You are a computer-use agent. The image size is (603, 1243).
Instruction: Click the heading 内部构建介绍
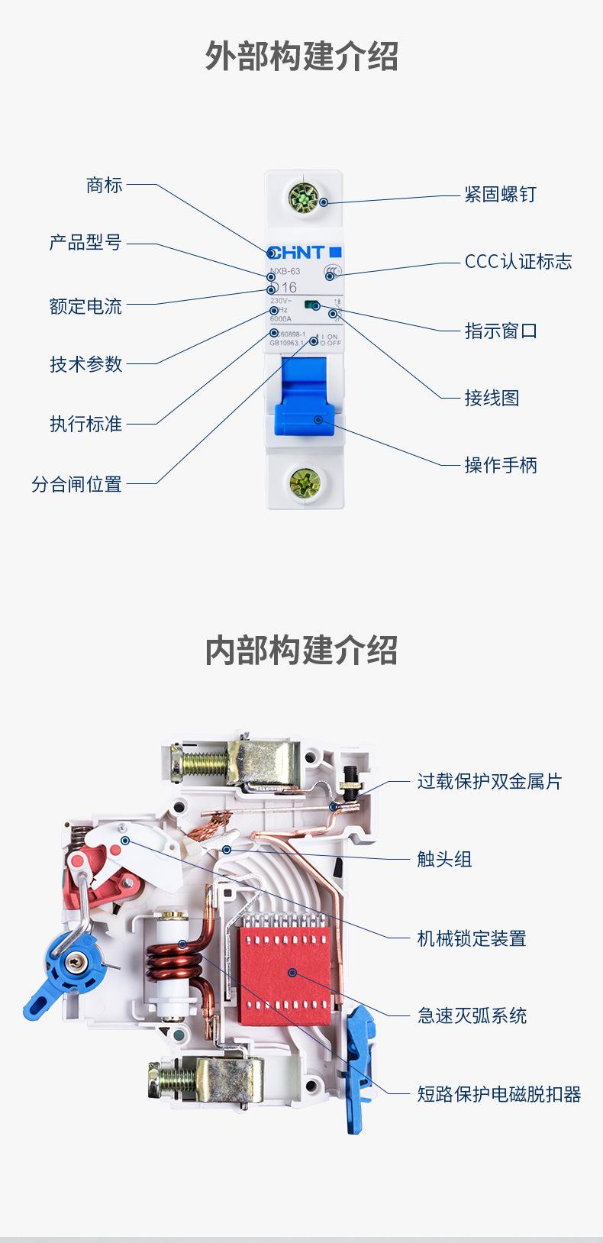(x=301, y=651)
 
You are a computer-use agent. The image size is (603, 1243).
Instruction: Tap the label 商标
(x=104, y=186)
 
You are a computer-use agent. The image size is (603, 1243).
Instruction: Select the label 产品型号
(x=85, y=243)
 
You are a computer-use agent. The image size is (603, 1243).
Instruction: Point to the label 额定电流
(x=85, y=307)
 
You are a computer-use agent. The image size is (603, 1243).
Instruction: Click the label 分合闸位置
(x=76, y=484)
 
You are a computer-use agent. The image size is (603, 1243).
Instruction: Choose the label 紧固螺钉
(x=501, y=195)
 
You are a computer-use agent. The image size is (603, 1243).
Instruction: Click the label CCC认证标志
(x=518, y=262)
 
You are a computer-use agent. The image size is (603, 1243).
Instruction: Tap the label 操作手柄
(x=501, y=465)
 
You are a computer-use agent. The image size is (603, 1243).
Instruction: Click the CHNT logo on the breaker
(x=298, y=252)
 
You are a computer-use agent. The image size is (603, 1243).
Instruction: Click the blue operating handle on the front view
(x=305, y=397)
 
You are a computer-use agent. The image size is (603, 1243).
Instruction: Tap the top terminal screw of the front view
(x=304, y=199)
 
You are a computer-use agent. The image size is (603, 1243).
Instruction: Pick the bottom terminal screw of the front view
(x=305, y=483)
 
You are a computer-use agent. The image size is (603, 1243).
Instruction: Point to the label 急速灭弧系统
(x=472, y=1016)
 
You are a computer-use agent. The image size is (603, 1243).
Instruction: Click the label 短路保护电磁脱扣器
(x=499, y=1095)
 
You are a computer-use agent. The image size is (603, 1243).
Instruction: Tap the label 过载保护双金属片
(x=489, y=782)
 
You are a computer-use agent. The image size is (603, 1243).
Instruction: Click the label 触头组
(x=444, y=860)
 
